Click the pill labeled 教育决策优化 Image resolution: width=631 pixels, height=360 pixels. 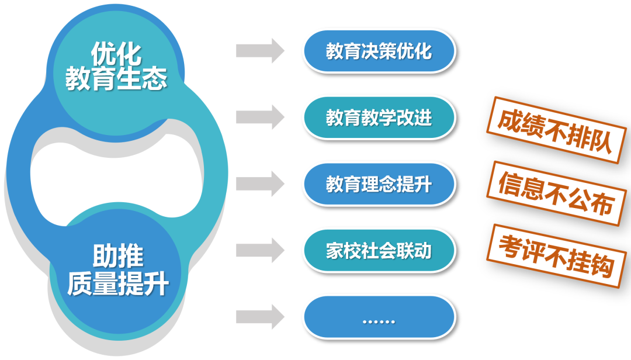pos(379,51)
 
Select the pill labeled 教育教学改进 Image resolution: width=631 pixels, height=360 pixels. pos(379,117)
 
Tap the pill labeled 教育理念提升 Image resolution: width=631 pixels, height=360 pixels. pos(379,184)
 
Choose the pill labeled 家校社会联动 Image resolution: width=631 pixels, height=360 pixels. pos(379,251)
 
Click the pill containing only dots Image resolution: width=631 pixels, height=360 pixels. pos(379,320)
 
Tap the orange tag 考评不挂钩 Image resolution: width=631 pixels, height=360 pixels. pos(556,257)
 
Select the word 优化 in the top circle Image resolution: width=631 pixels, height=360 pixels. pos(116,54)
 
